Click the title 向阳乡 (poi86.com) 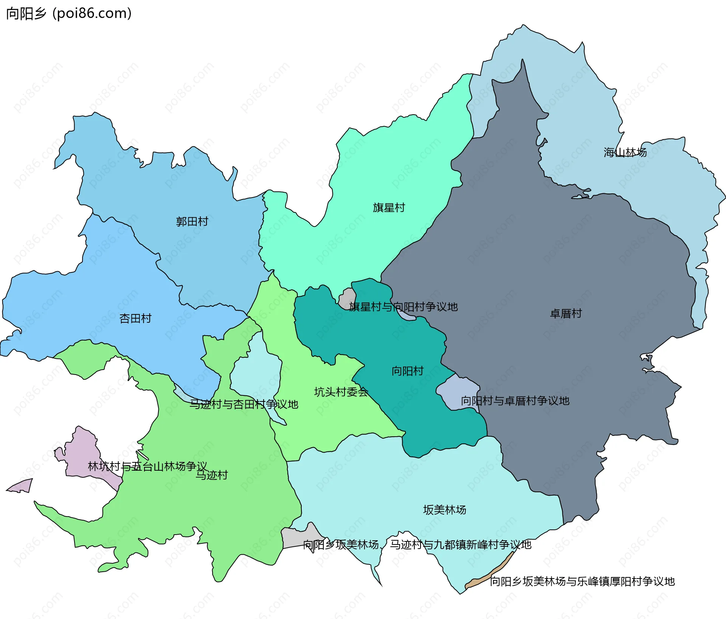coord(69,14)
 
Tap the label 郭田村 coord(192,221)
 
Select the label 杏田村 coord(135,319)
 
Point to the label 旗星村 coord(389,208)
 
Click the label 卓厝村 coord(566,314)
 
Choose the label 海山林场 coord(625,152)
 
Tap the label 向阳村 coord(407,371)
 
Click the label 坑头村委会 coord(341,392)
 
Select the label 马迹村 coord(212,475)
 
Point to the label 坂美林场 coord(444,510)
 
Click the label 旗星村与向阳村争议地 coord(403,307)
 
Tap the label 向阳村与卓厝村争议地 coord(515,401)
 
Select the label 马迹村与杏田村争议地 coord(244,404)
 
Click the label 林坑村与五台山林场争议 coord(147,466)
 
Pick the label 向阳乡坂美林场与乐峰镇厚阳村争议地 coord(582,582)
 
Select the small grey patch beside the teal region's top coord(346,298)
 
